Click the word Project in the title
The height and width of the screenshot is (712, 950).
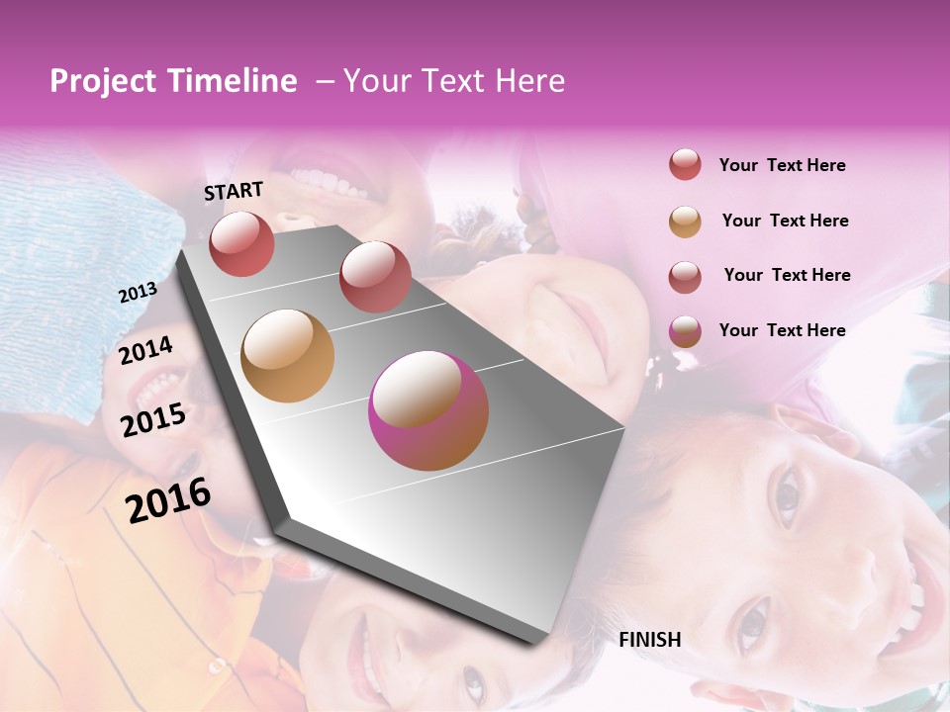click(95, 82)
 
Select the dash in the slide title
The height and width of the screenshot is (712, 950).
click(324, 82)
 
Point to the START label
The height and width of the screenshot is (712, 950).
click(234, 191)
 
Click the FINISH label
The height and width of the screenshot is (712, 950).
click(649, 640)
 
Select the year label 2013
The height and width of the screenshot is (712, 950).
click(138, 293)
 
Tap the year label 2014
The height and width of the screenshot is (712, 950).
click(145, 350)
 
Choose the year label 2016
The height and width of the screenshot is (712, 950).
click(168, 499)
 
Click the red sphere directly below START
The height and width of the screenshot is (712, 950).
click(241, 243)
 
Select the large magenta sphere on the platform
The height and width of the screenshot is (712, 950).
click(428, 410)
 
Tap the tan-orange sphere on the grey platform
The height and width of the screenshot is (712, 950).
click(288, 356)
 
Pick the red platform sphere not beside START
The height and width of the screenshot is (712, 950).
click(375, 277)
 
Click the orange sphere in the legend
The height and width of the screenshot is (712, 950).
click(685, 222)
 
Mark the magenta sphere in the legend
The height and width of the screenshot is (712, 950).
click(685, 331)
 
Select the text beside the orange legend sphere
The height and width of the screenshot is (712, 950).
click(785, 221)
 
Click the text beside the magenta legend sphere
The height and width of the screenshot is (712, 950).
click(782, 330)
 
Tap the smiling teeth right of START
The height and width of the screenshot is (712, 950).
click(326, 184)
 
